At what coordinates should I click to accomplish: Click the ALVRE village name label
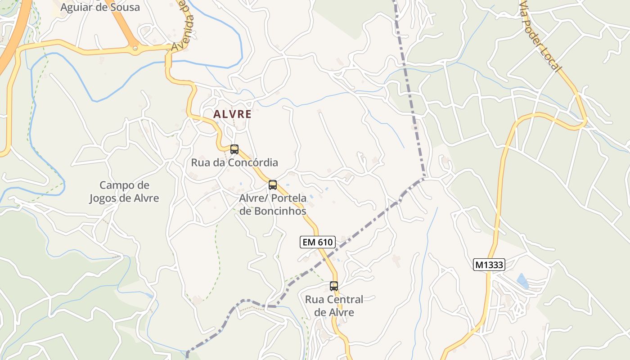232,114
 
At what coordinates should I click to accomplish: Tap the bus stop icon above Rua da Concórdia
234,149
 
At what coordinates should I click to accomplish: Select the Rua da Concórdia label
234,162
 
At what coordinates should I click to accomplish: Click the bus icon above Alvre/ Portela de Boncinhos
273,184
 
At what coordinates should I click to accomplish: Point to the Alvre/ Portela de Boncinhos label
273,204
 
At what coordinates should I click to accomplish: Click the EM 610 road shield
318,242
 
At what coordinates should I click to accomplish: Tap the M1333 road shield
489,265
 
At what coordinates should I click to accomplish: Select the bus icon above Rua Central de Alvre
334,286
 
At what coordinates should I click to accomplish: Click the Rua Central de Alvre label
334,306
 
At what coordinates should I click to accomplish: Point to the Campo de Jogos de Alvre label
124,192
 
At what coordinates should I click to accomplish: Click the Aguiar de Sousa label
100,7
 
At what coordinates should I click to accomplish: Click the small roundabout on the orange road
135,47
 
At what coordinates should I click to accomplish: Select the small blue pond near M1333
522,281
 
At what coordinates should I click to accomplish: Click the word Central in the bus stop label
345,299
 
